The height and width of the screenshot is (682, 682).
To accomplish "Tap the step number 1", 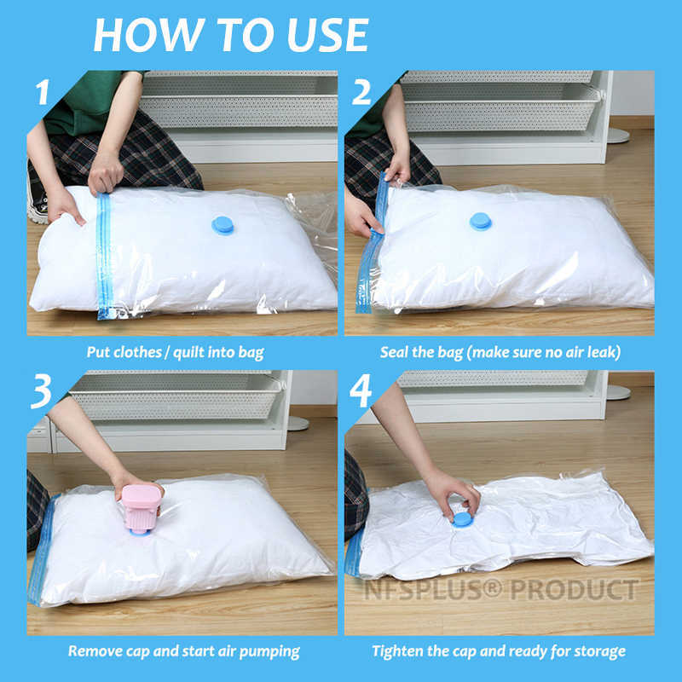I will click(43, 92).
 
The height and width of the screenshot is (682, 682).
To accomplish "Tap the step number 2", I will click(362, 92).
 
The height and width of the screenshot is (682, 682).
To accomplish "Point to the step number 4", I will click(362, 395).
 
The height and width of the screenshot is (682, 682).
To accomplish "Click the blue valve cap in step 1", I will click(223, 225).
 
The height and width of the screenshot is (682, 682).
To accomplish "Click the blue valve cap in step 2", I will click(481, 222).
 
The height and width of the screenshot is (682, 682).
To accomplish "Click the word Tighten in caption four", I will click(401, 651).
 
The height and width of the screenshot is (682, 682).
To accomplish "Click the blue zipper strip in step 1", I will click(104, 256).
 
